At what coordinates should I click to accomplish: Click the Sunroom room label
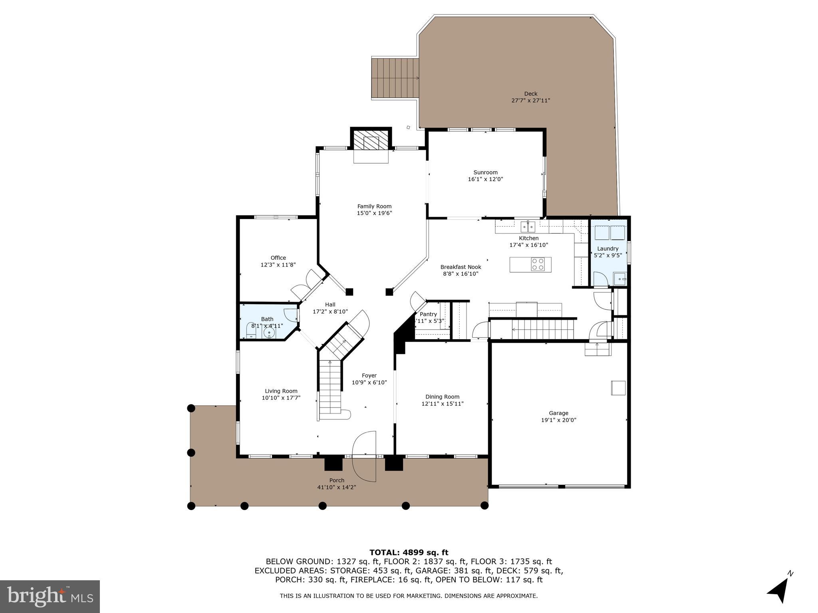click(x=485, y=172)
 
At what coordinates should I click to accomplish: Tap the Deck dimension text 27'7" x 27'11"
click(x=530, y=101)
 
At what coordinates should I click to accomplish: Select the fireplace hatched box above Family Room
click(x=371, y=142)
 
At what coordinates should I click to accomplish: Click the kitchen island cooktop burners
click(x=538, y=264)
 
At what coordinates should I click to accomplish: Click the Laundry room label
click(x=608, y=249)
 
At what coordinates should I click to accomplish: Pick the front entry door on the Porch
click(x=364, y=456)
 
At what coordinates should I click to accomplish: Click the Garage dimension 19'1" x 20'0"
click(x=558, y=420)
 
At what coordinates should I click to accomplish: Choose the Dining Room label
click(x=442, y=397)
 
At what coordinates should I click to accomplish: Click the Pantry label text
click(x=428, y=314)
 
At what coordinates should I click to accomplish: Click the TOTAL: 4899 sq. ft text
click(x=409, y=552)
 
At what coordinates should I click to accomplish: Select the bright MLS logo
click(x=50, y=596)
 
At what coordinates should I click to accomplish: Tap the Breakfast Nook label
click(x=461, y=267)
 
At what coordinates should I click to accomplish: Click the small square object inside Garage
click(x=618, y=388)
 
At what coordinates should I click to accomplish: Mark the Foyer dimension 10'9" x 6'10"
click(x=369, y=382)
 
